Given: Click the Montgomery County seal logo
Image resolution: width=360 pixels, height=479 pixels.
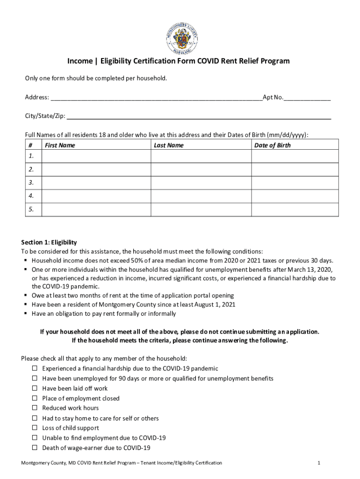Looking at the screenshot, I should click(x=182, y=37).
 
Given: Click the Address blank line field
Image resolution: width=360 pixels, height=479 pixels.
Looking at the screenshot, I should click(x=156, y=98).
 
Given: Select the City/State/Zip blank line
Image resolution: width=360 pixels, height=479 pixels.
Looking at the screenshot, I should click(x=199, y=116).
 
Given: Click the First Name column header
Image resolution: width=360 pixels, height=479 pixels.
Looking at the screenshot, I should click(x=60, y=145).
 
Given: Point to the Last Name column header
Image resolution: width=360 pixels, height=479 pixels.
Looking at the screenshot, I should click(x=169, y=145).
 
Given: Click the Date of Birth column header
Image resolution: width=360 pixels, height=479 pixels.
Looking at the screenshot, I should click(x=272, y=145).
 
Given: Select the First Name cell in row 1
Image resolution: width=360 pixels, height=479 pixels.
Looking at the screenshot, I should click(x=96, y=156).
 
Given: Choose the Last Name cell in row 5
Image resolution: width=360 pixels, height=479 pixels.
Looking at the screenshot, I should click(x=201, y=210).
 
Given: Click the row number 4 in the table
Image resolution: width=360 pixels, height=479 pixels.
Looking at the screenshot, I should click(x=31, y=196).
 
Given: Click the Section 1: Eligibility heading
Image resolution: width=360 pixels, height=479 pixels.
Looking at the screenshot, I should click(x=49, y=242).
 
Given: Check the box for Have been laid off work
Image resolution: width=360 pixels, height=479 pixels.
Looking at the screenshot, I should click(x=35, y=388).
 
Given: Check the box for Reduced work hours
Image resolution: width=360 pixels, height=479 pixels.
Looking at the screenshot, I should click(x=35, y=408).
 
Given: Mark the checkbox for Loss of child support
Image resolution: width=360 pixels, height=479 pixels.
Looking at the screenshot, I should click(x=35, y=428).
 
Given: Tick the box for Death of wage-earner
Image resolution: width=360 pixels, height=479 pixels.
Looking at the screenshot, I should click(x=35, y=448).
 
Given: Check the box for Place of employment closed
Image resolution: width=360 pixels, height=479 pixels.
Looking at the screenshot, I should click(x=35, y=398).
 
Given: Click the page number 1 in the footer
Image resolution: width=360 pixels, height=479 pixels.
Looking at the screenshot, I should click(x=318, y=463).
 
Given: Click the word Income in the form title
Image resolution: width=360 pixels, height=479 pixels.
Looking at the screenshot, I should click(x=79, y=61).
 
